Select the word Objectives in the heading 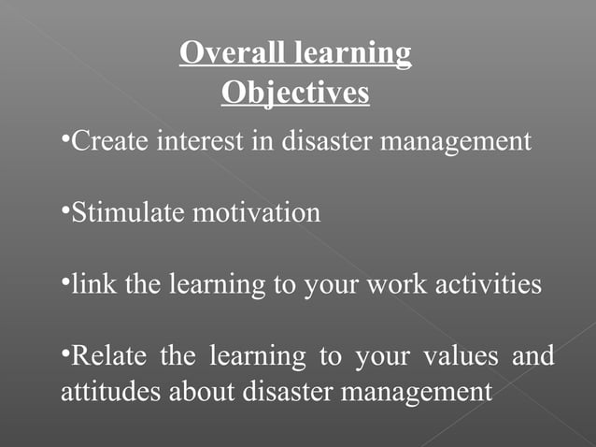295,93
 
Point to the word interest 199,142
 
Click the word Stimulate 128,213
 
